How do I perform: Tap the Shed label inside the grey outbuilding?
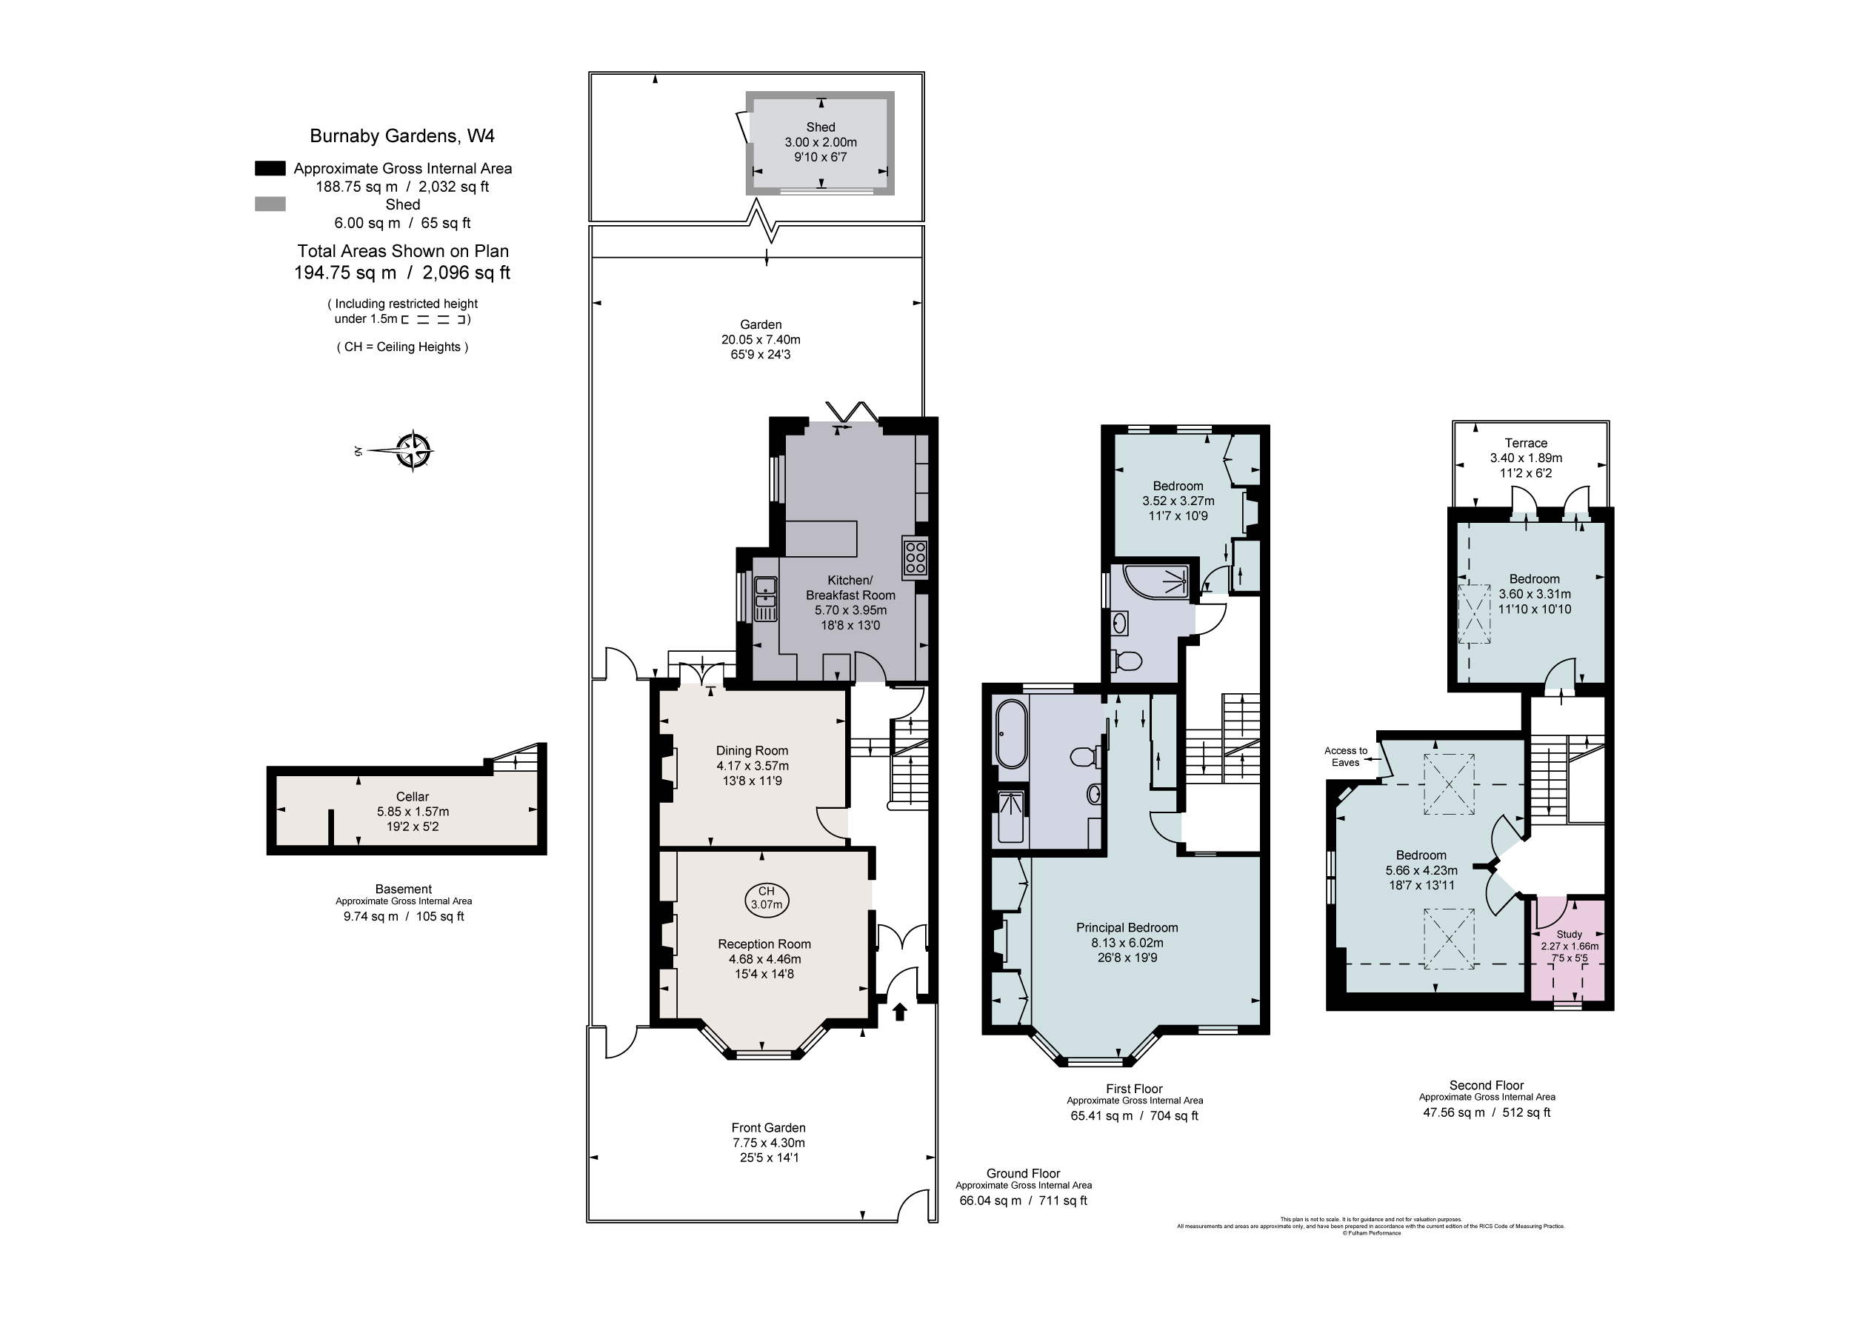tap(820, 127)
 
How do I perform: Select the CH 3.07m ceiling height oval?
tap(766, 898)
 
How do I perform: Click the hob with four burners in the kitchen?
tap(914, 557)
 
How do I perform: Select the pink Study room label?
tap(1569, 934)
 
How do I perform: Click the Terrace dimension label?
tap(1526, 458)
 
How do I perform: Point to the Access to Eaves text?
tap(1345, 756)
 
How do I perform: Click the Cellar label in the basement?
tap(413, 796)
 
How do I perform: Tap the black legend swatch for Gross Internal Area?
tap(270, 169)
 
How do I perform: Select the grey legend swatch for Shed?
tap(270, 204)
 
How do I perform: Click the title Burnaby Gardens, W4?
tap(401, 136)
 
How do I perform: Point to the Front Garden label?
tap(767, 1128)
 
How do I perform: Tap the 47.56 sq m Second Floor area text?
tap(1487, 1112)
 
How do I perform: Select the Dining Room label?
tap(751, 751)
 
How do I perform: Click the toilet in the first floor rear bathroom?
tap(1128, 660)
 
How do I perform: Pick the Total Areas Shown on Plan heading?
tap(402, 251)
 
